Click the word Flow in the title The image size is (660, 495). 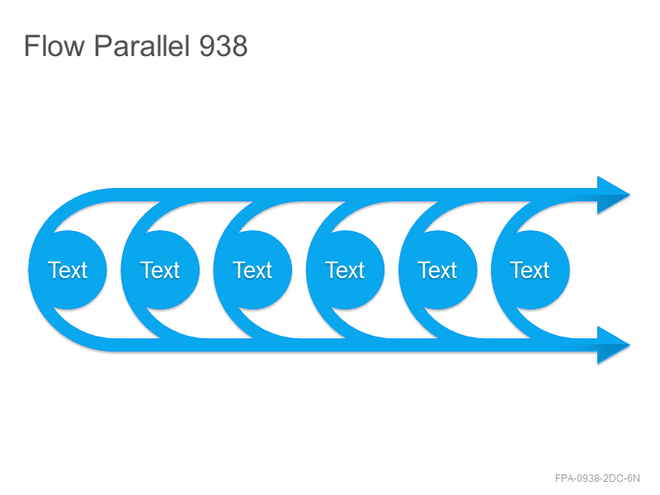point(54,45)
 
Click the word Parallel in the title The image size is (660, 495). point(142,45)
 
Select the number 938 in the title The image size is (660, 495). point(223,45)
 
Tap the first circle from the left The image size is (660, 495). point(68,270)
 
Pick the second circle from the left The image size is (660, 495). point(160,270)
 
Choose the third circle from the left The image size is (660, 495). point(252,270)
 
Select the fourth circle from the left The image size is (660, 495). point(345,270)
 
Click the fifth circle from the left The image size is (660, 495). point(438,270)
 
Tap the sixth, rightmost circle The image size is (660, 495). point(530,270)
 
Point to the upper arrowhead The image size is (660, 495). point(610,195)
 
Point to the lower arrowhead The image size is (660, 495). point(610,345)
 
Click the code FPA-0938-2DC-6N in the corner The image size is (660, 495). point(597,478)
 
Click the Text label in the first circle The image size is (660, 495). point(68,270)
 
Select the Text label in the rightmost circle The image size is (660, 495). point(530,270)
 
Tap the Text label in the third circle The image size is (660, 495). point(252,270)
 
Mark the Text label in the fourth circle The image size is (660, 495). point(345,270)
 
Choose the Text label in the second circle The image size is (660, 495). point(160,270)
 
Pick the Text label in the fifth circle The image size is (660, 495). point(437,270)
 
